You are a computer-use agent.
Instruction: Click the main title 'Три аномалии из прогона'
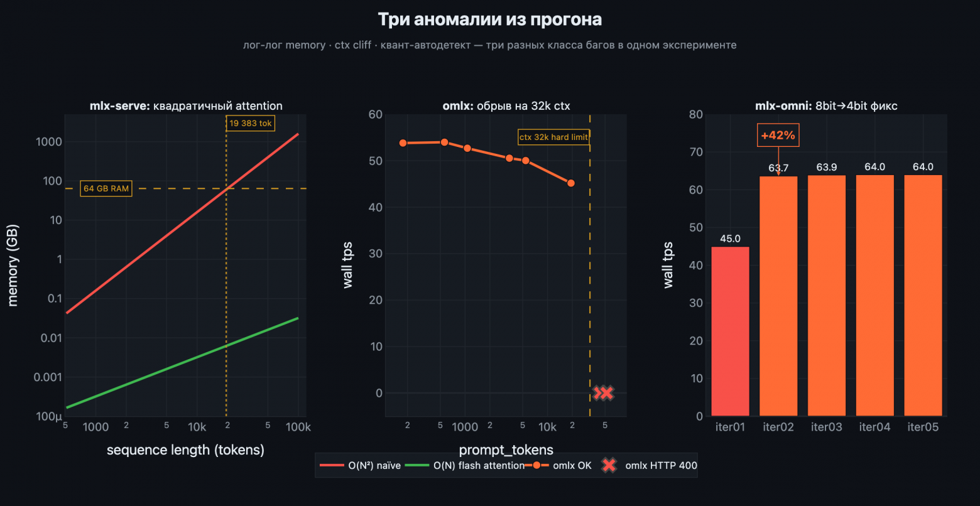point(489,19)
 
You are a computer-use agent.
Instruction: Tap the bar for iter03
point(827,295)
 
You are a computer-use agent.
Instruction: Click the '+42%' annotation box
point(778,135)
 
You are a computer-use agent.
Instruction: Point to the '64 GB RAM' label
point(106,188)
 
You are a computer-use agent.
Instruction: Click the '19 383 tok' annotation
point(250,123)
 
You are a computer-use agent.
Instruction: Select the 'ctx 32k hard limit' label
point(553,137)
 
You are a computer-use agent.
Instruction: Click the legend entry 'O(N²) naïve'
point(361,466)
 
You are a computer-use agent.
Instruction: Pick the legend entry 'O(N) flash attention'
point(465,466)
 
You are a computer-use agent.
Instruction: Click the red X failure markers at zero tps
point(603,393)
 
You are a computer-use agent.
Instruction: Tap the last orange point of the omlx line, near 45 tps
point(570,183)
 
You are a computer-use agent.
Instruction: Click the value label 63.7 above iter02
point(778,168)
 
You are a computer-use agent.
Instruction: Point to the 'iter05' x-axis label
point(923,427)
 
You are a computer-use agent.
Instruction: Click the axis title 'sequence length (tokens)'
point(185,450)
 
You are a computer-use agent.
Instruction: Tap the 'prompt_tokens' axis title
point(506,449)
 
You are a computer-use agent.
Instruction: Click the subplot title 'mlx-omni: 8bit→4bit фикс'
point(826,105)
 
